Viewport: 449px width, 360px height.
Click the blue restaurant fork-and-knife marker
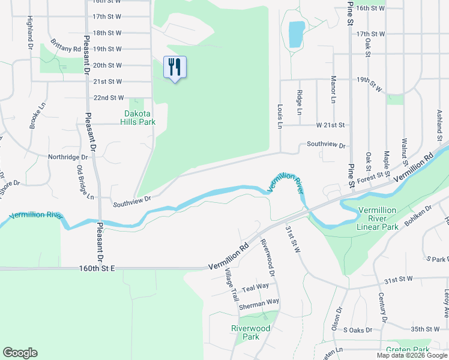pyautogui.click(x=175, y=68)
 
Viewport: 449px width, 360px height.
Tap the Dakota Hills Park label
pyautogui.click(x=140, y=118)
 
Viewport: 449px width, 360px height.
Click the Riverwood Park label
pyautogui.click(x=251, y=332)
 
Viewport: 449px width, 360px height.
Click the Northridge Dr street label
pyautogui.click(x=68, y=157)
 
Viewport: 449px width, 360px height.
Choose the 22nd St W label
pyautogui.click(x=109, y=97)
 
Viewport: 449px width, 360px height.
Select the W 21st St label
pyautogui.click(x=331, y=125)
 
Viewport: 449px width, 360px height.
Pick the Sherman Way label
pyautogui.click(x=259, y=305)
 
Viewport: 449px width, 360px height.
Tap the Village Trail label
pyautogui.click(x=231, y=285)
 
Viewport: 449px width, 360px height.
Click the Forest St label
pyautogui.click(x=370, y=176)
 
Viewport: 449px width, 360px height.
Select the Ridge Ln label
pyautogui.click(x=299, y=102)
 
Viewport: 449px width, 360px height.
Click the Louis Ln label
pyautogui.click(x=280, y=116)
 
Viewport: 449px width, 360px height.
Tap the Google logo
pyautogui.click(x=20, y=353)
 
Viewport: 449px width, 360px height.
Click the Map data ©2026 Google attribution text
pyautogui.click(x=412, y=355)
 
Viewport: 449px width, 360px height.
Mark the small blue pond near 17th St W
pyautogui.click(x=296, y=34)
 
